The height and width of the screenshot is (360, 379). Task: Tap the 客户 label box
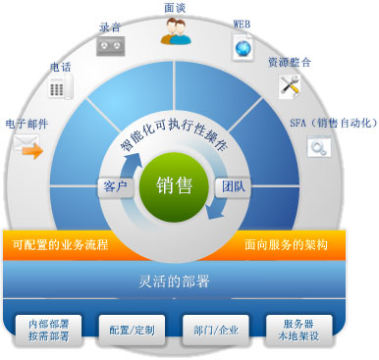point(115,185)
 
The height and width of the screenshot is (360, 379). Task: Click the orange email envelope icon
point(32,150)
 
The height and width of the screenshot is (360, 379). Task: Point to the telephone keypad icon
point(61,87)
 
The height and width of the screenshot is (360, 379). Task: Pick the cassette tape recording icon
point(110,44)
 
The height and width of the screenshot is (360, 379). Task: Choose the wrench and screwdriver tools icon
point(289,85)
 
